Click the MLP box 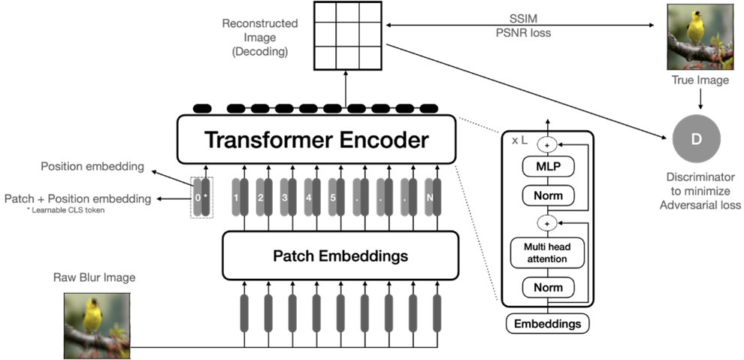(548, 166)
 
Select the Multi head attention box (548, 253)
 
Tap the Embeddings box (548, 324)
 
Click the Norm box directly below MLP (548, 196)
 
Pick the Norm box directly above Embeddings (548, 287)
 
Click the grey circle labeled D (696, 138)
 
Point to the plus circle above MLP (548, 145)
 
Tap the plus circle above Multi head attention (548, 223)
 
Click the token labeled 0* (201, 198)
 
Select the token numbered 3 (285, 198)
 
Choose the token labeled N (430, 198)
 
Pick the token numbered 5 (333, 198)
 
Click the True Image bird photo (699, 37)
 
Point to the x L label (520, 141)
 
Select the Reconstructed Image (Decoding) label (260, 38)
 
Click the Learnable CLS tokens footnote (54, 211)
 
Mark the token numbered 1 (236, 198)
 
